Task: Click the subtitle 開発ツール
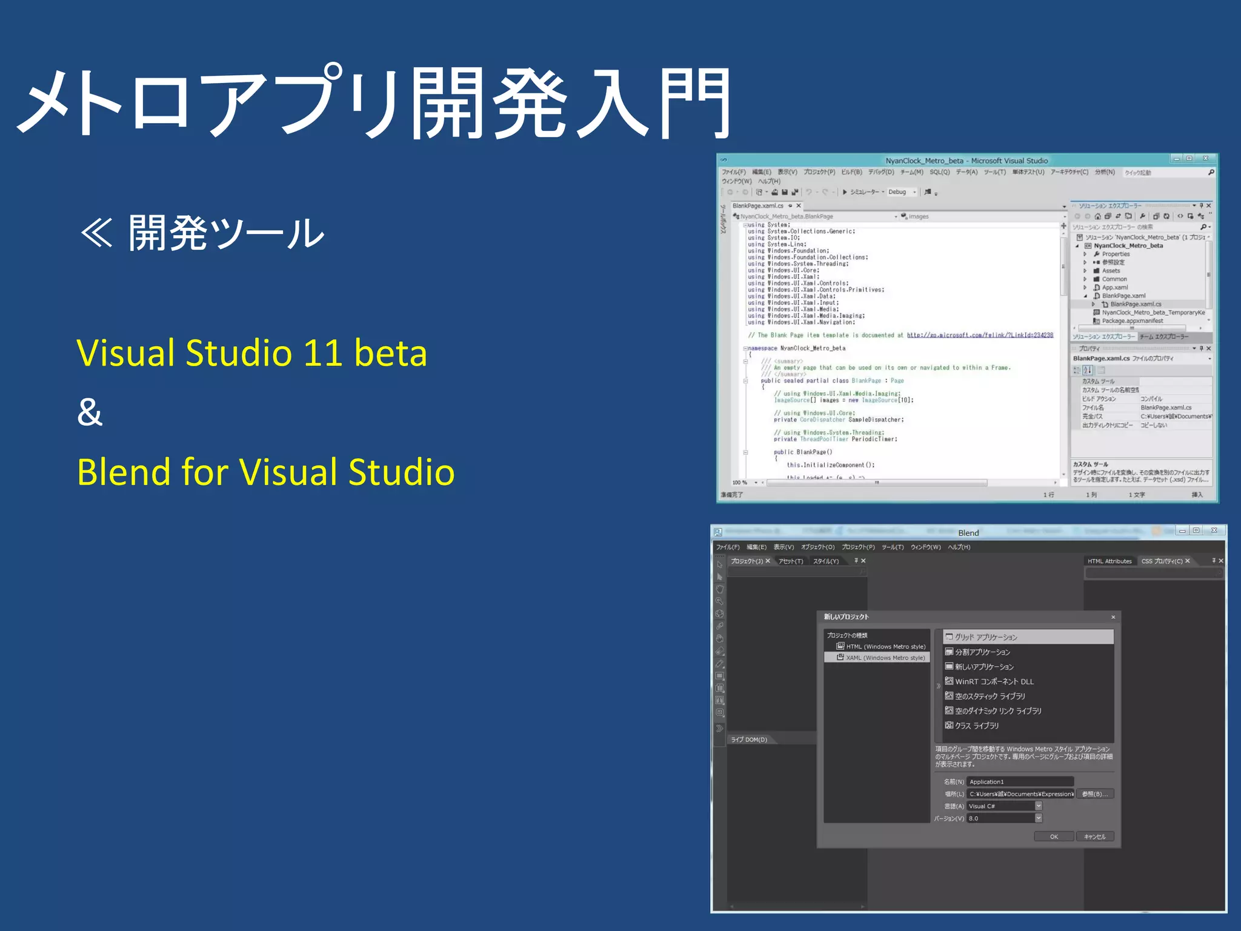click(x=225, y=233)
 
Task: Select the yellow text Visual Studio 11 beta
click(x=251, y=353)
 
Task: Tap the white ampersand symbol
click(x=90, y=412)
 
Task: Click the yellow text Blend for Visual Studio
click(x=265, y=472)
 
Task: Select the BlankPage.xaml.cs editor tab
click(x=758, y=206)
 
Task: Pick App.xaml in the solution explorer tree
click(x=1114, y=287)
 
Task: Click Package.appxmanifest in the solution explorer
click(x=1132, y=321)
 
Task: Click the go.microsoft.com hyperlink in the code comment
click(x=979, y=335)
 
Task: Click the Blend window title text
click(x=968, y=533)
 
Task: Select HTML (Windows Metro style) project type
click(x=885, y=647)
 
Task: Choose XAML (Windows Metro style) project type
click(x=885, y=658)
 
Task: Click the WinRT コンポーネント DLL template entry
click(x=994, y=682)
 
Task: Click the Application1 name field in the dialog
click(x=1020, y=782)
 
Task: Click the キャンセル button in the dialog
click(x=1094, y=836)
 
